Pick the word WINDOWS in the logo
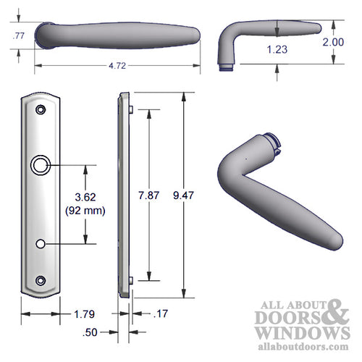tap(296, 332)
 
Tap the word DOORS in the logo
tap(282, 317)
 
